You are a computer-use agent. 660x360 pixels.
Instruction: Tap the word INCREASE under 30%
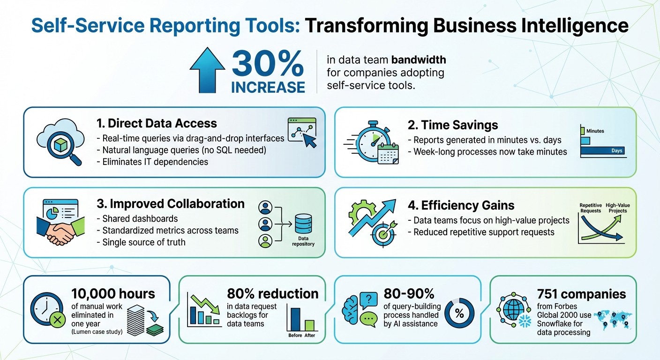click(268, 87)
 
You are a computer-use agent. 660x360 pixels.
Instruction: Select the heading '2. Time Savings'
click(453, 125)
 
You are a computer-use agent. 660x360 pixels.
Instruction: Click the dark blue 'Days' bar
click(602, 151)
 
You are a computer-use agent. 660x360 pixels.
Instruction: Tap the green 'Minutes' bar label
click(595, 131)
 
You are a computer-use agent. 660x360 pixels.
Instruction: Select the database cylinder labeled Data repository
click(303, 224)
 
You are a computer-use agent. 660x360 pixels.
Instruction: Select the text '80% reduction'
click(272, 294)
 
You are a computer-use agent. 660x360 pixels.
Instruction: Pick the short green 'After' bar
click(309, 325)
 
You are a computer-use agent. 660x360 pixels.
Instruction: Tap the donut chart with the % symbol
click(459, 314)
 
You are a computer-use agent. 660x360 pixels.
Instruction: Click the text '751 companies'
click(581, 294)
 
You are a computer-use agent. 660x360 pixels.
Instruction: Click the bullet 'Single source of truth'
click(144, 242)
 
